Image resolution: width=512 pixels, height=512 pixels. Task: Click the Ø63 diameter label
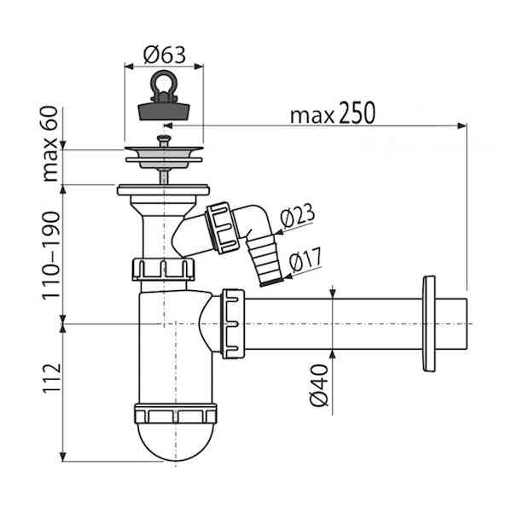coord(164,55)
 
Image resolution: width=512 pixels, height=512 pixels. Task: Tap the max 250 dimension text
coord(333,113)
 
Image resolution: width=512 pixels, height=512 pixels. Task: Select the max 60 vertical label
coord(50,144)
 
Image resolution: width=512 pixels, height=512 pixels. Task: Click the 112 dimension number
coord(52,378)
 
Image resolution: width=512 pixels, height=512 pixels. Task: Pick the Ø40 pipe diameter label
coord(318,386)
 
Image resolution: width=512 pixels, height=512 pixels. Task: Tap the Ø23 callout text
coord(297,216)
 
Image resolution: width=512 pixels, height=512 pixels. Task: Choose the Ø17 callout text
coord(305,260)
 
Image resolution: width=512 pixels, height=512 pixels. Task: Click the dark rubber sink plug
coord(164,111)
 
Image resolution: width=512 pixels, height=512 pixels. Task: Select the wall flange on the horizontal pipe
coord(428,323)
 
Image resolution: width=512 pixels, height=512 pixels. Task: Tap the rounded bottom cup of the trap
coord(176,442)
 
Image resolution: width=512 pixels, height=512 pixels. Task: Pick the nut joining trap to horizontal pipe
coord(233,323)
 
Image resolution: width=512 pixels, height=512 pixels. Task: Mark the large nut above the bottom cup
coord(175,414)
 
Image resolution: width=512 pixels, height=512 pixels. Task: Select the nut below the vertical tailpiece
coord(163,270)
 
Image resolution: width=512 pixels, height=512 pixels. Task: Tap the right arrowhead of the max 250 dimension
coord(462,125)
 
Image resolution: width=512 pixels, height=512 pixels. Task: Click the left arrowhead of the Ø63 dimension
coord(130,67)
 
